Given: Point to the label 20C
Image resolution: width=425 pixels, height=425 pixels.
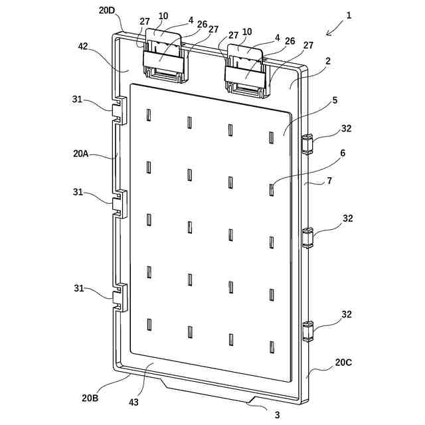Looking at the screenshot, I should pyautogui.click(x=343, y=363).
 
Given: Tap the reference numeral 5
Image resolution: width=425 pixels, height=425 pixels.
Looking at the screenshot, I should pyautogui.click(x=335, y=100).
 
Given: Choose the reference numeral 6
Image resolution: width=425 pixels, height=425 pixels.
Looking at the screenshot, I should pyautogui.click(x=343, y=153).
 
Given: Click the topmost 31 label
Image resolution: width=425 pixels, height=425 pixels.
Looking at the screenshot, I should pyautogui.click(x=78, y=100).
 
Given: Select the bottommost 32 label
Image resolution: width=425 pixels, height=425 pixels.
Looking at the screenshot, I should pyautogui.click(x=347, y=314).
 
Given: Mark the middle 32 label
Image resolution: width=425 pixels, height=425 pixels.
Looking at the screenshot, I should pyautogui.click(x=347, y=218).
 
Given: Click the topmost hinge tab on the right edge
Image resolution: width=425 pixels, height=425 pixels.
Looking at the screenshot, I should pyautogui.click(x=307, y=143).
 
